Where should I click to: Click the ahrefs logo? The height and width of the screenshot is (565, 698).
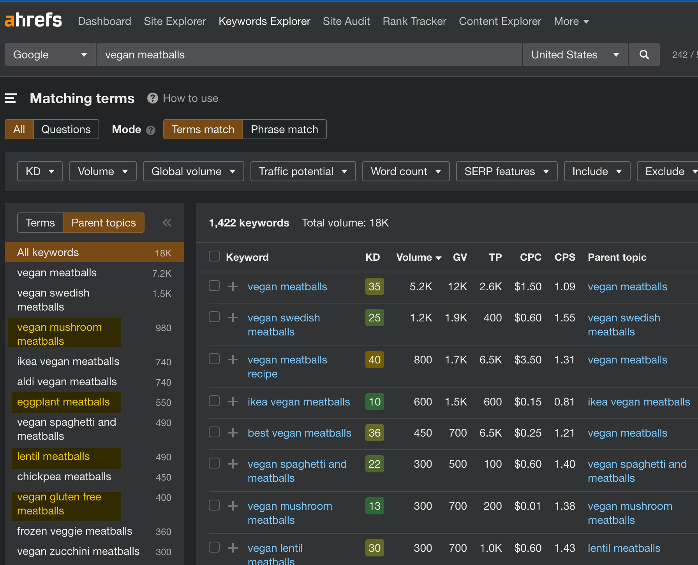point(33,20)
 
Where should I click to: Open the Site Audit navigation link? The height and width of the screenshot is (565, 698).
point(346,21)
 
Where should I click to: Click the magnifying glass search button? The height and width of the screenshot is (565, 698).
point(644,55)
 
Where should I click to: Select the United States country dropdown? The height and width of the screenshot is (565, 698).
point(575,55)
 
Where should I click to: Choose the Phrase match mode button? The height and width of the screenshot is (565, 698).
point(284,130)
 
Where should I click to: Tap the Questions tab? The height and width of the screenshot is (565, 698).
point(66,130)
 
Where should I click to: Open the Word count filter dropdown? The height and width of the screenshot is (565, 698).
point(405,172)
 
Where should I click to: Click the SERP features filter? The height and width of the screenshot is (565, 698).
point(506,172)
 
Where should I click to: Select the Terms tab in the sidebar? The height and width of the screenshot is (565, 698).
point(40,223)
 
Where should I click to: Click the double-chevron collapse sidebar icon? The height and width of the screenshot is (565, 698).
point(167,223)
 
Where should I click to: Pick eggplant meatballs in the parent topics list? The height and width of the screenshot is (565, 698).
point(63,402)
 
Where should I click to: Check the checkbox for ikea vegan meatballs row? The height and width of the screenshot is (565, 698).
point(214,401)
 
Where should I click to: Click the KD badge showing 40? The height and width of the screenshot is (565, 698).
point(374,360)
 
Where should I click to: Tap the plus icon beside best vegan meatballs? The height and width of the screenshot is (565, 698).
point(233,433)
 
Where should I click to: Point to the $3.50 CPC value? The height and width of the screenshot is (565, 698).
point(528,360)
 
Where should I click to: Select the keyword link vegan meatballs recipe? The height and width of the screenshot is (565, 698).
point(287,367)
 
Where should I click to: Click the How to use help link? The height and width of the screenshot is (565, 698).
point(190,98)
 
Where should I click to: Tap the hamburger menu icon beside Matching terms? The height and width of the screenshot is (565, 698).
point(11,98)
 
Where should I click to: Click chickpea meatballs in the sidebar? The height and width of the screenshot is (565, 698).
point(64,477)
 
